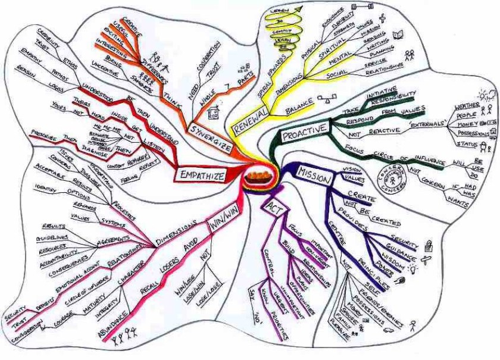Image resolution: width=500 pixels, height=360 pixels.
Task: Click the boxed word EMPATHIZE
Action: coord(203,176)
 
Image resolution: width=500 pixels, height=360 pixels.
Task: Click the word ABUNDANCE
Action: coord(111,319)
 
